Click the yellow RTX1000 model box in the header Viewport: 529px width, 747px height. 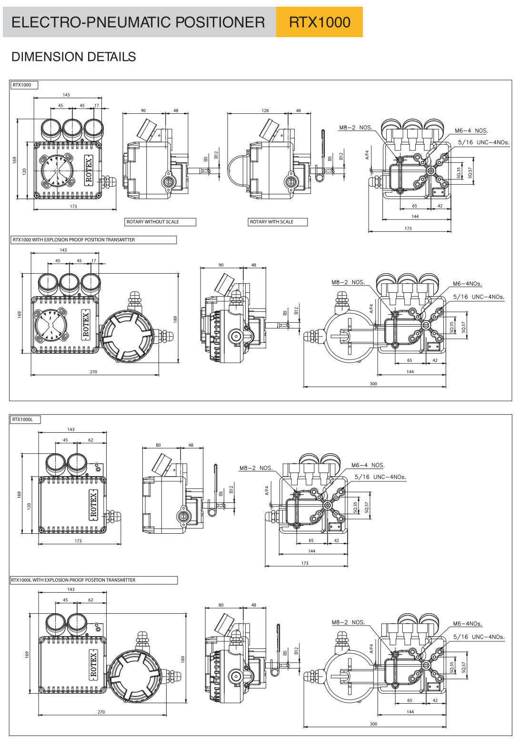point(319,22)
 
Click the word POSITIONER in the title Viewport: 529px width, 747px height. point(220,22)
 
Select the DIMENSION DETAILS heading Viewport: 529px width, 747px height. point(74,57)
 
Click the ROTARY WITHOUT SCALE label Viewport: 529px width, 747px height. point(160,222)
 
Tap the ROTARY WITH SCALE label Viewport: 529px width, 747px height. point(278,222)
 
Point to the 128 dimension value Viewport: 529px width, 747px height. point(265,110)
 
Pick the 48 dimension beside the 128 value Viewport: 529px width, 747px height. point(299,110)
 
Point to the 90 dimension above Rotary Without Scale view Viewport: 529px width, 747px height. point(143,110)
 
